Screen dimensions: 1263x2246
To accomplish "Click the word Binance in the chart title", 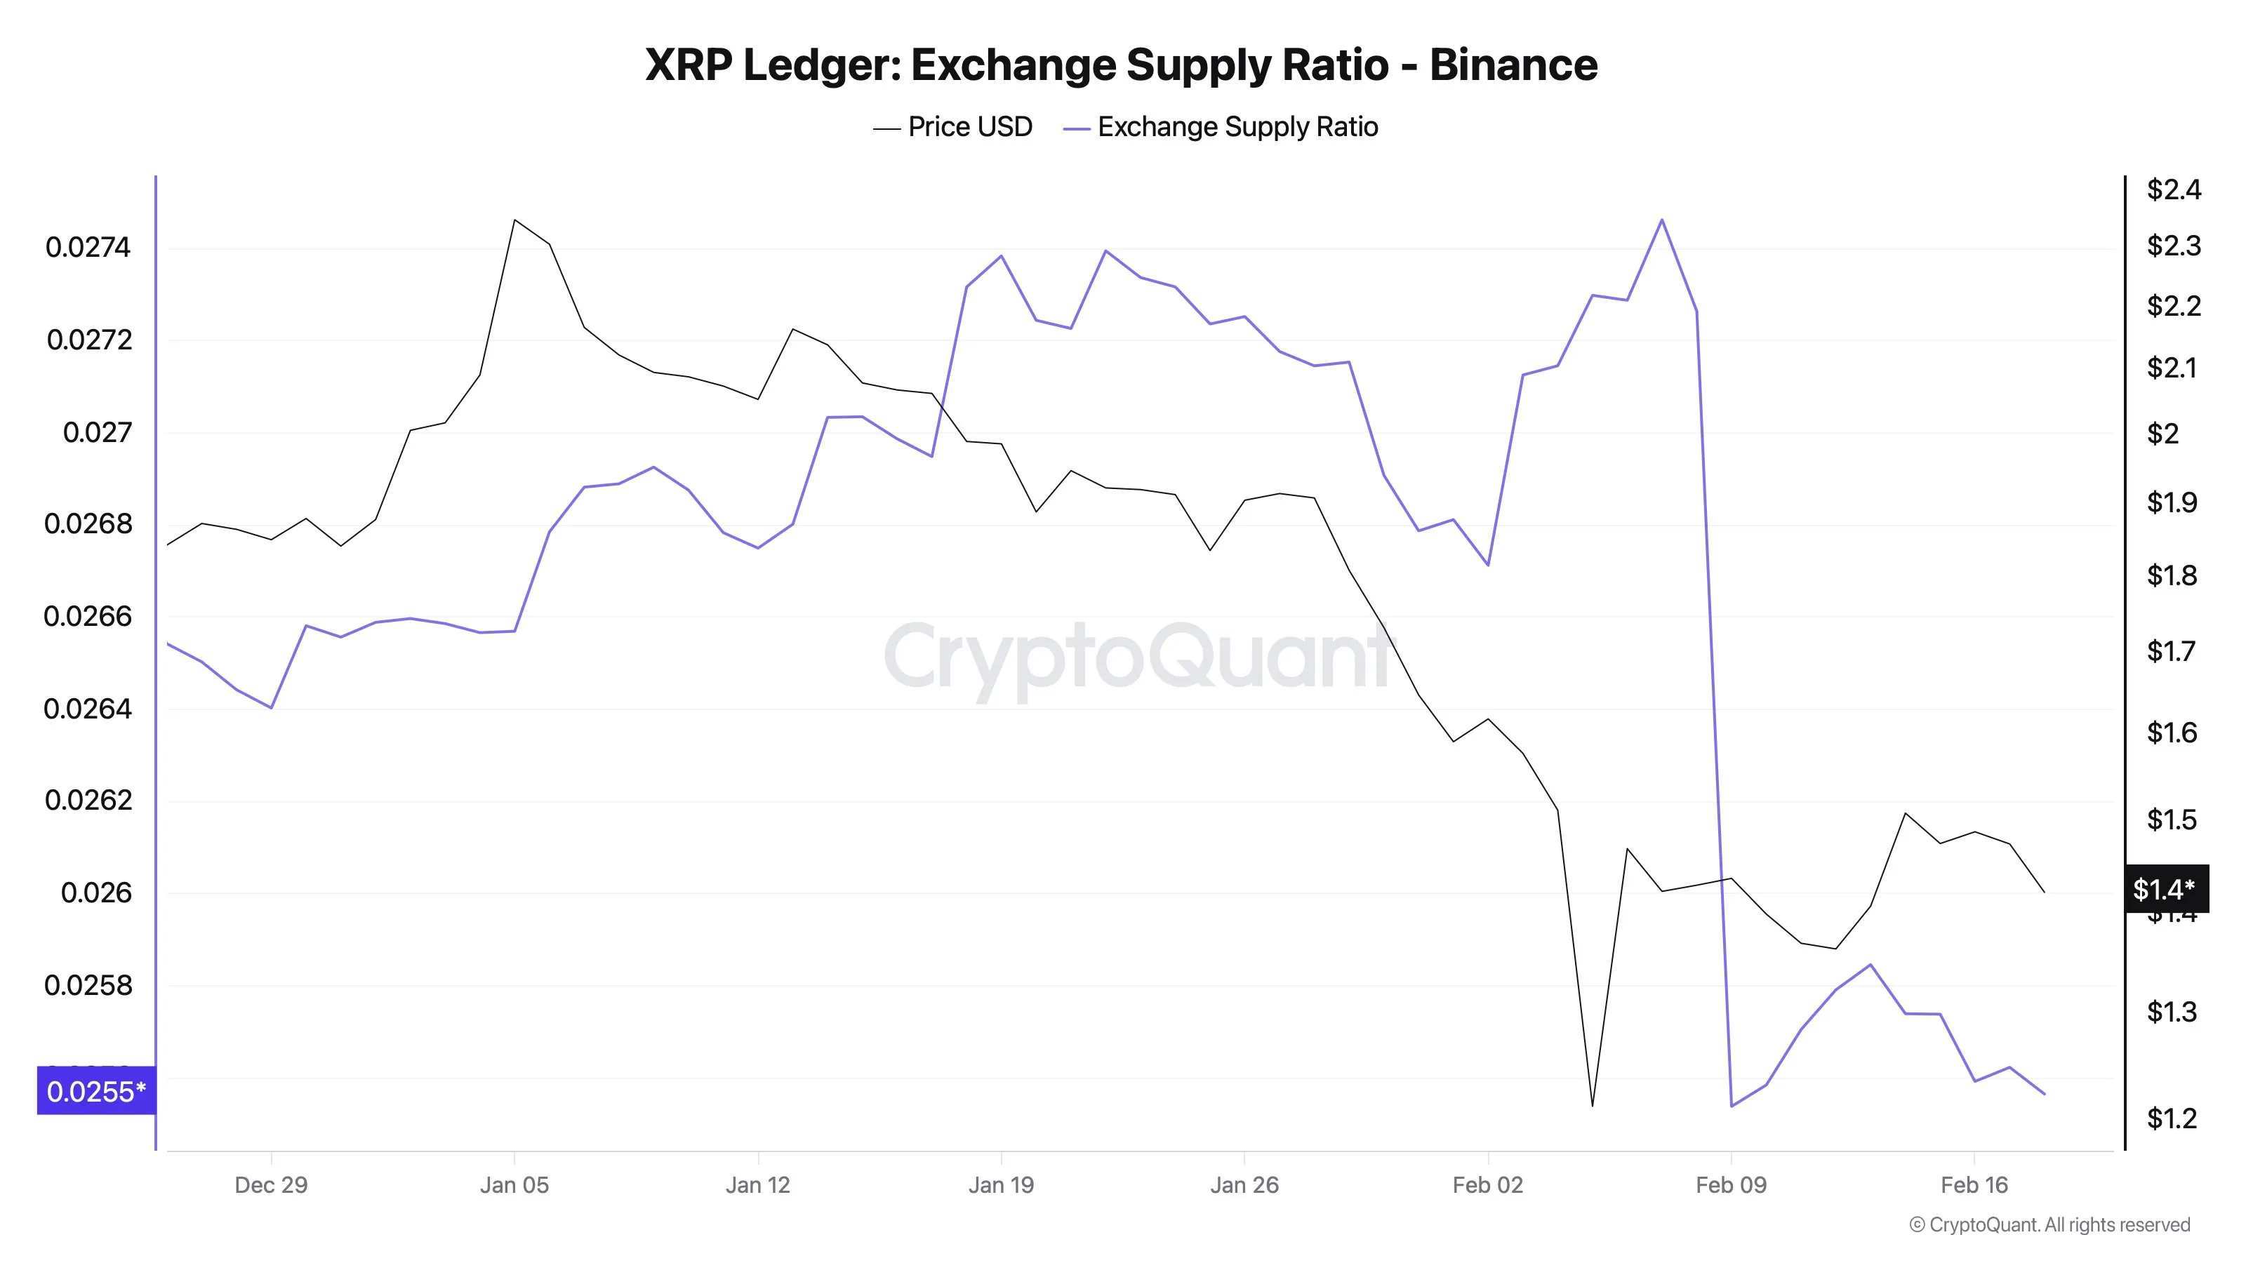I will point(1513,65).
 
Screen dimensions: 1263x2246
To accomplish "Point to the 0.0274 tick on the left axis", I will point(88,248).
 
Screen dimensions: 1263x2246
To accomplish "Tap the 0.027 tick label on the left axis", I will point(97,432).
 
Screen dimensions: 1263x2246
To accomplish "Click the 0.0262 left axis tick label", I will point(88,800).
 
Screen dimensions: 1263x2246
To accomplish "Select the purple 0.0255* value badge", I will point(96,1091).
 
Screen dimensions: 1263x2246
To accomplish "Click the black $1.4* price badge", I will point(2164,889).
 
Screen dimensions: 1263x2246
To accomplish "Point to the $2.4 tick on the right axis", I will point(2174,189).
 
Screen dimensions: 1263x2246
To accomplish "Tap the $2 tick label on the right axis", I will point(2163,433).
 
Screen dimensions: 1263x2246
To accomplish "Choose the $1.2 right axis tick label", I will point(2172,1118).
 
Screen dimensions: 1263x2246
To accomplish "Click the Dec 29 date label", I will point(271,1185).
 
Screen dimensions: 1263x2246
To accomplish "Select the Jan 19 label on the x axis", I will point(1001,1185).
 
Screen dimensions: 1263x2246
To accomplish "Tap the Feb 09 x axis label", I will point(1731,1185).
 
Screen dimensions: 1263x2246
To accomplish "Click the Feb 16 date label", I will point(1974,1185).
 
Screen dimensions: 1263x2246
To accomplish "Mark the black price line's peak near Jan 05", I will point(514,220).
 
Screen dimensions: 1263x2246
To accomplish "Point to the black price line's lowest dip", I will point(1592,1105).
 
